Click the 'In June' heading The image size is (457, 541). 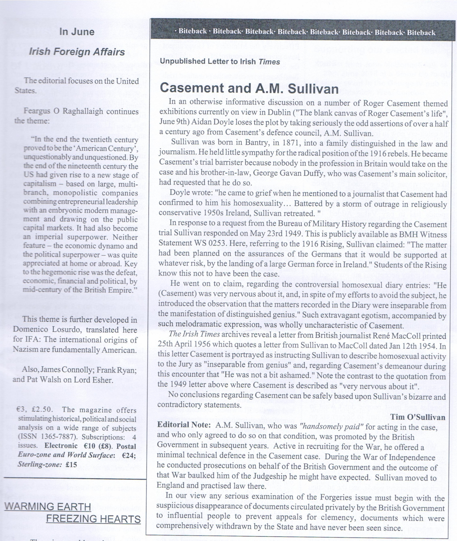point(77,32)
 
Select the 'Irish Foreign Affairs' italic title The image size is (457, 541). point(77,52)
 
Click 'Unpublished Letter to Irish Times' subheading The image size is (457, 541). point(220,62)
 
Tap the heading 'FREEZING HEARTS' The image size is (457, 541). point(93,519)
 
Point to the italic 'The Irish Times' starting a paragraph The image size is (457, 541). point(194,334)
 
